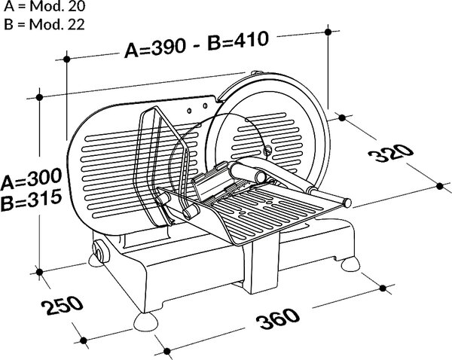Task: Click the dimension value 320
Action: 391,153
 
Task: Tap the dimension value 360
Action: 278,319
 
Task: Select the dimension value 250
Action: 63,305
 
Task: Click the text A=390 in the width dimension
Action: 154,47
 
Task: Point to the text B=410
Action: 238,41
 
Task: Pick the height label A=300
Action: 31,178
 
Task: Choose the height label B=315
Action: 31,200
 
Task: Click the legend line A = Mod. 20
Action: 44,6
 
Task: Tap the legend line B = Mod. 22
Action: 44,25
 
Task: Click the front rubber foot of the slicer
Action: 145,322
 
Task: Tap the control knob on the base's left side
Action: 99,252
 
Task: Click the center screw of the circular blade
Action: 268,150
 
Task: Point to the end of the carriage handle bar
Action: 347,203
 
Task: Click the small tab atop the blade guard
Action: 256,72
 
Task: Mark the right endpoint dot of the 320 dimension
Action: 440,186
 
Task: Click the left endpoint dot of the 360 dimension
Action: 166,351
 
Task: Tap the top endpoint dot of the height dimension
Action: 39,97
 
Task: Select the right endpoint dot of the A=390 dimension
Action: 328,32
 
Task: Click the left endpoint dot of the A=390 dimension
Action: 67,59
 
